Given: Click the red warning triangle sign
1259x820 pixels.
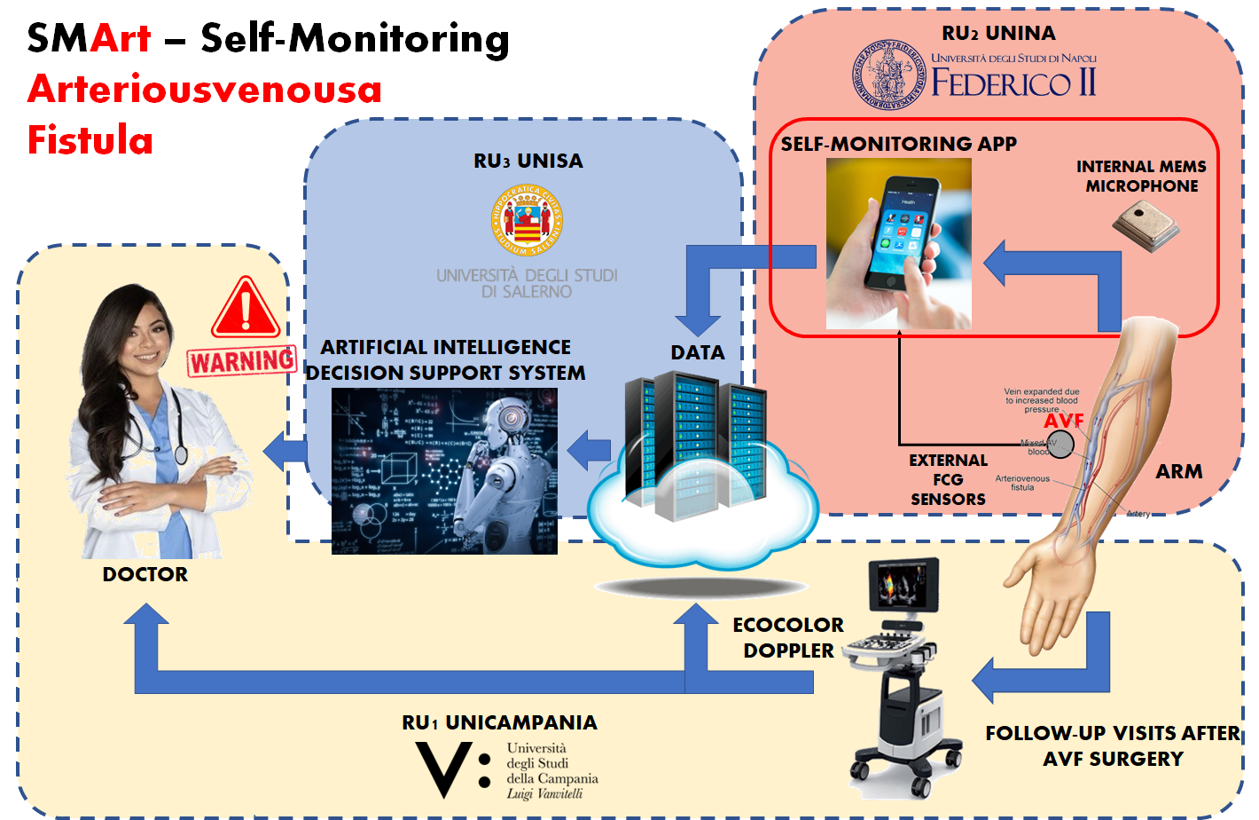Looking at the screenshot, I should point(246,309).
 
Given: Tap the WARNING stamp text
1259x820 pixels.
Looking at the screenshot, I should point(242,361).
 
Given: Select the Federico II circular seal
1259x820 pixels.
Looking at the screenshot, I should point(885,75).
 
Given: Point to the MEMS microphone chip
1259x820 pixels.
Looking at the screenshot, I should point(1146,225).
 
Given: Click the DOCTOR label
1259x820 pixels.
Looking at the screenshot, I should point(145,574).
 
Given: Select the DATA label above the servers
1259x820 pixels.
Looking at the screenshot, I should point(698,352).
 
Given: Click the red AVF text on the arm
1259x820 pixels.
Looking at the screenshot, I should point(1064,420).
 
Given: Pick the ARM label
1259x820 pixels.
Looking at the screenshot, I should point(1179,471).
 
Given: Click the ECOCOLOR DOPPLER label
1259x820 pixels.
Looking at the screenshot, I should point(788,637).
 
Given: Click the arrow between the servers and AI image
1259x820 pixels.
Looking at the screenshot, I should point(589,450).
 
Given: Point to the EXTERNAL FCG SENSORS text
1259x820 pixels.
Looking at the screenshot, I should point(948,479).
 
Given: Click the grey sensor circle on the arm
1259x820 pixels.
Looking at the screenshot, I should point(1060,445).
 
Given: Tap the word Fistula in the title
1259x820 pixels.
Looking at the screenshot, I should point(90,140).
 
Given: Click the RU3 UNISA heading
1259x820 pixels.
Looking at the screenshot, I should point(528,161).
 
